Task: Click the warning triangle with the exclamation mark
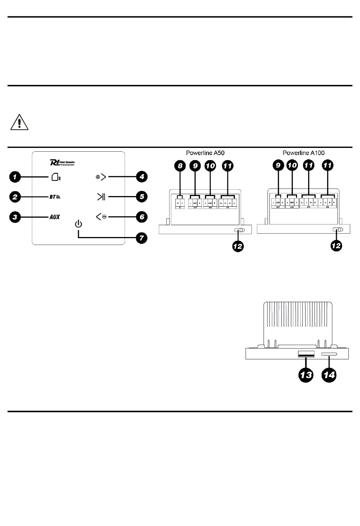point(18,122)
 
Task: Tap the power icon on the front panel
point(78,224)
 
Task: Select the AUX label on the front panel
point(55,217)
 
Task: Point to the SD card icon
point(55,177)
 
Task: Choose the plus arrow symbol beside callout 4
point(101,177)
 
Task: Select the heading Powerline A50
point(205,153)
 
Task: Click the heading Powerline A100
point(304,153)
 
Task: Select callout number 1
point(15,176)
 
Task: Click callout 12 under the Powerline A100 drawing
point(336,246)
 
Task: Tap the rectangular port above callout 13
point(306,354)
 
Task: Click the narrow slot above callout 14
point(329,354)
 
